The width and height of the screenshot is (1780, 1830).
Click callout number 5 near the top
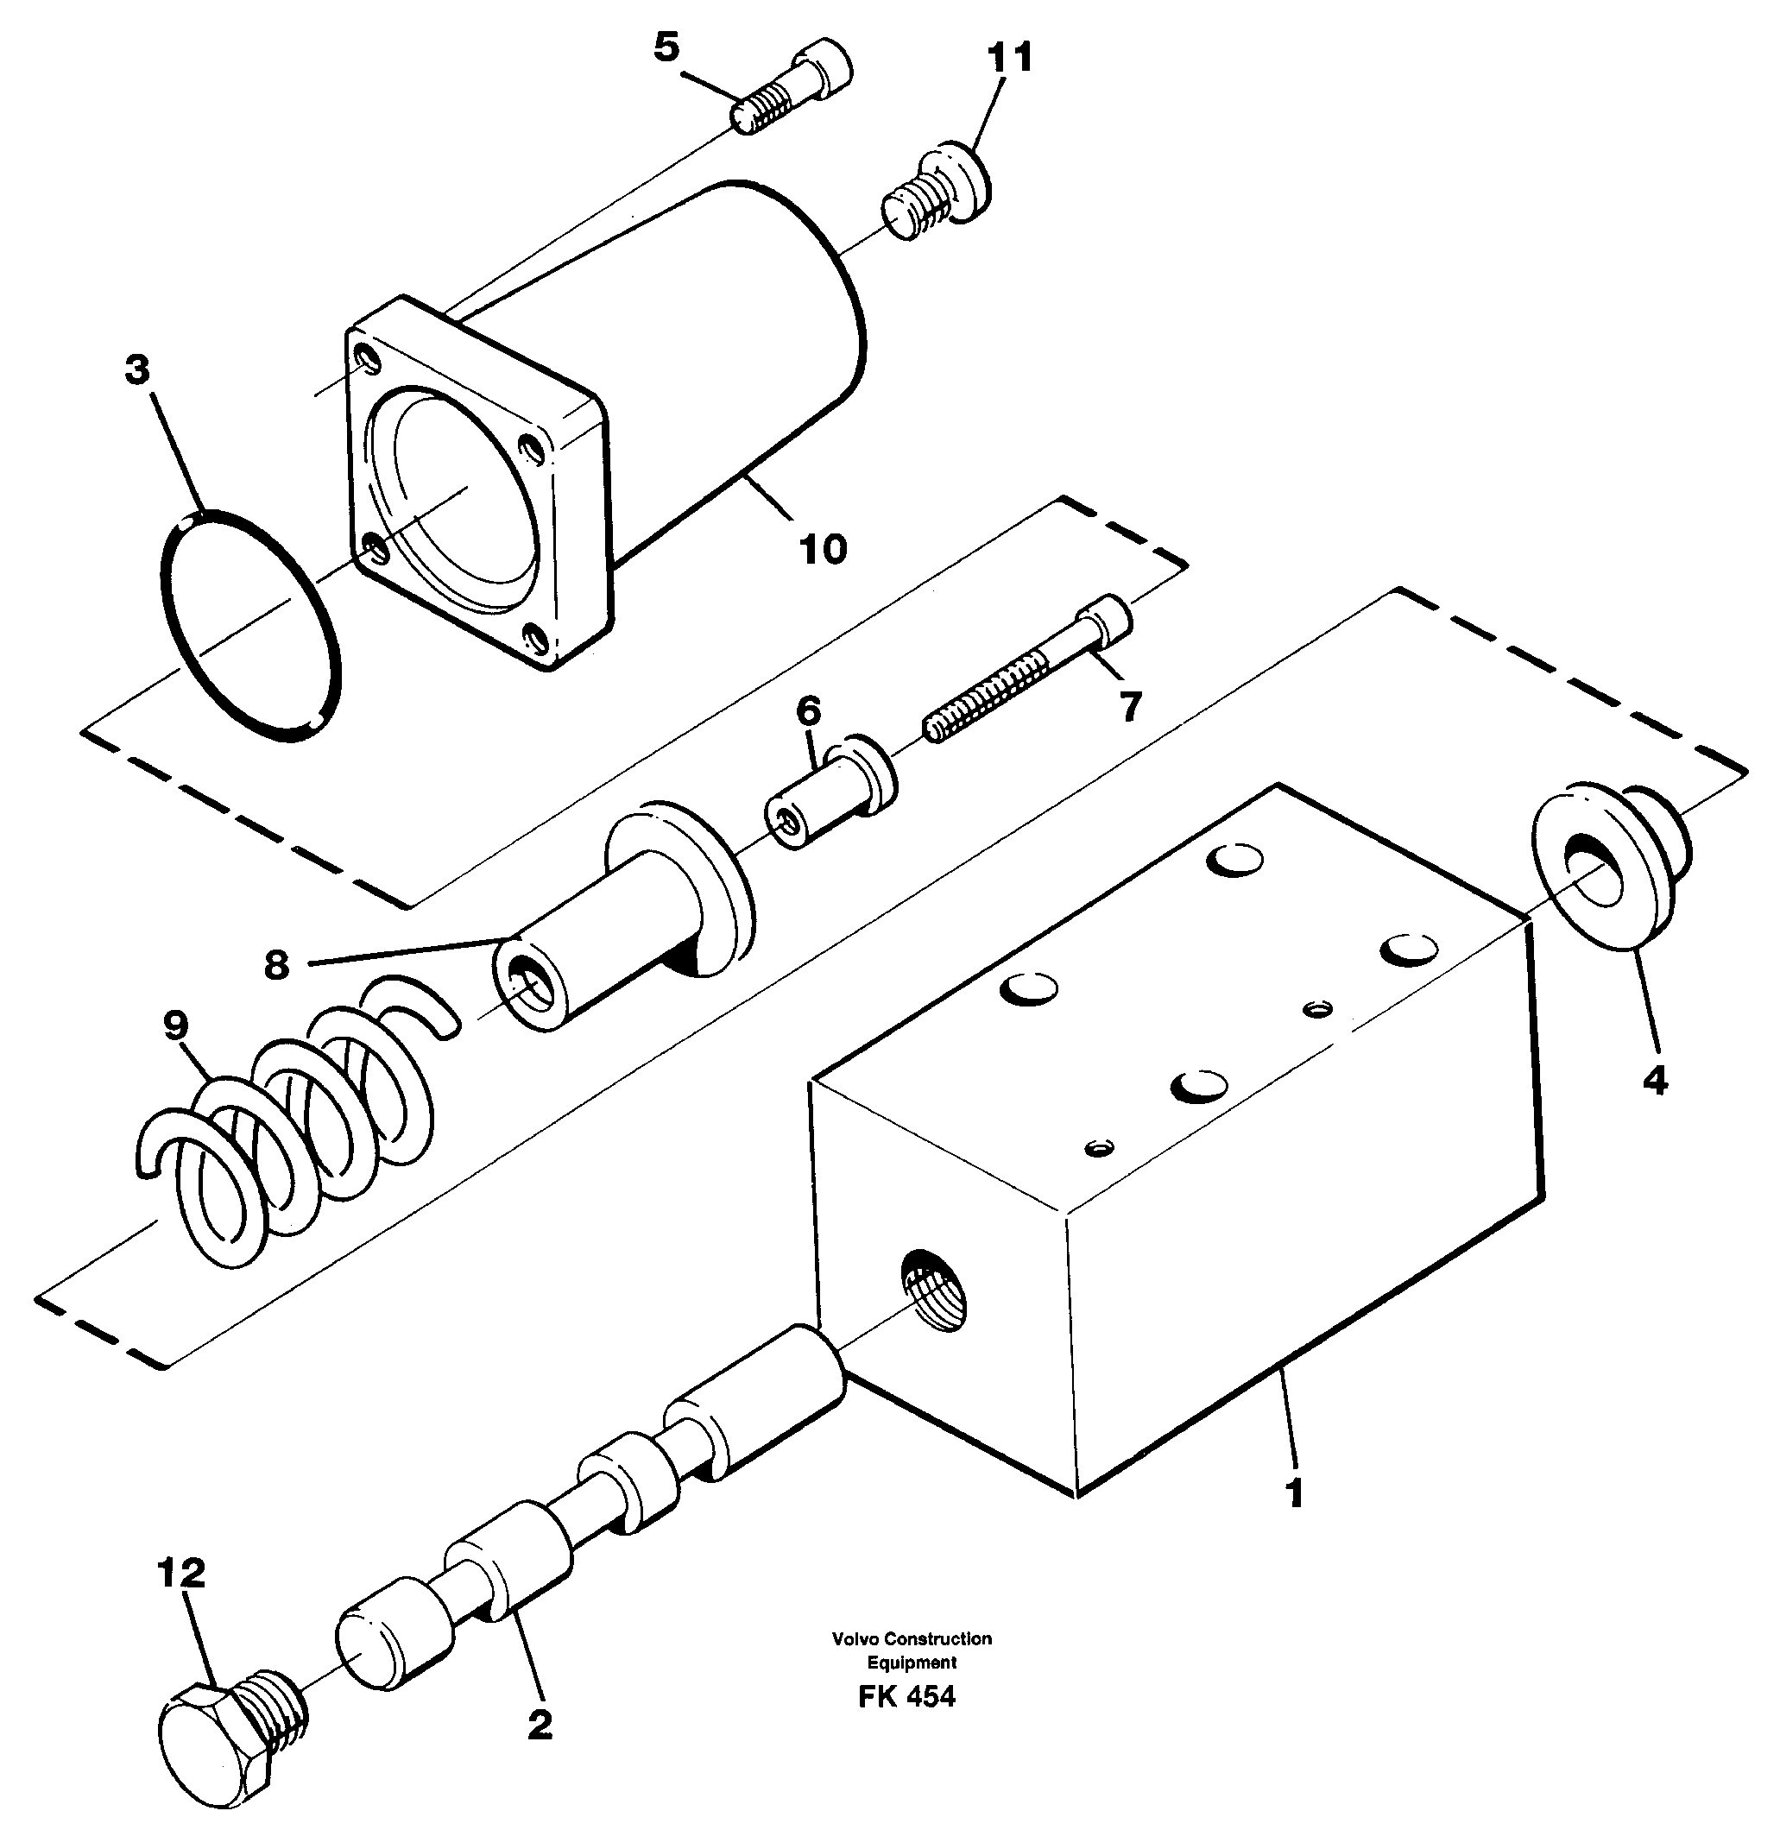pos(666,47)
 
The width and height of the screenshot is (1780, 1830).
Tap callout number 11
pos(1010,58)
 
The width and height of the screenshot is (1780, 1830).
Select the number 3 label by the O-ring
pos(137,371)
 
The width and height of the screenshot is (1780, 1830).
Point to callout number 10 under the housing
pos(823,550)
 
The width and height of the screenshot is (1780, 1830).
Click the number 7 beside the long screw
pos(1130,707)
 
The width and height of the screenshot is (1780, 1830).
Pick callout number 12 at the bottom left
pos(181,1574)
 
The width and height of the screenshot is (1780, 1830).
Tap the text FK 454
pos(906,1697)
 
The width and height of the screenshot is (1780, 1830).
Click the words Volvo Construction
pos(912,1638)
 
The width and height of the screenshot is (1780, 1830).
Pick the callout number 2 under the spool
pos(540,1725)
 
